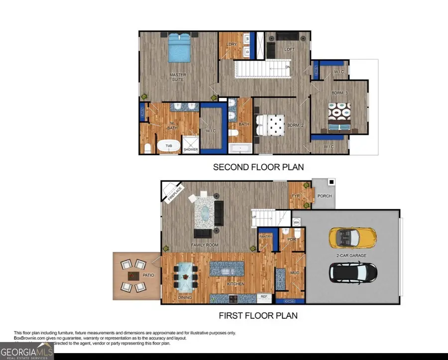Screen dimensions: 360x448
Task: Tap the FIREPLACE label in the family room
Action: click(176, 191)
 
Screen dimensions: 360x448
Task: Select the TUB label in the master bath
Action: click(169, 145)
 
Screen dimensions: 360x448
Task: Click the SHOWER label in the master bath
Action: click(191, 149)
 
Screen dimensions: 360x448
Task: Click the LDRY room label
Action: click(231, 44)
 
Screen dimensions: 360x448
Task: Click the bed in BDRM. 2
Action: click(269, 125)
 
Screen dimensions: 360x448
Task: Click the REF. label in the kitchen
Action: click(264, 297)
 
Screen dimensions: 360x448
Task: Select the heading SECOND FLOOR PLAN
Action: click(258, 167)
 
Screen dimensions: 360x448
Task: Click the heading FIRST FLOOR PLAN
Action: click(258, 315)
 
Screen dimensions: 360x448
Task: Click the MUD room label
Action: click(295, 272)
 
